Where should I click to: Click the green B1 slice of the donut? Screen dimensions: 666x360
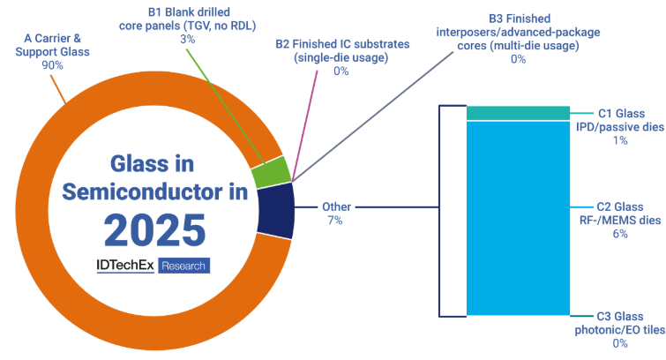pyautogui.click(x=271, y=173)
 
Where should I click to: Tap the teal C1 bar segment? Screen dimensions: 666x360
pyautogui.click(x=518, y=113)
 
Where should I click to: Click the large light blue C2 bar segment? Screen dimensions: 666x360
pyautogui.click(x=518, y=218)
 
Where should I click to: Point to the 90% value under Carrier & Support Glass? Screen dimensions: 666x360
pyautogui.click(x=52, y=65)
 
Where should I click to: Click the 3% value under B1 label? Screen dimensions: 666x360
pyautogui.click(x=187, y=39)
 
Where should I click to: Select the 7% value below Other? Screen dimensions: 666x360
pyautogui.click(x=334, y=221)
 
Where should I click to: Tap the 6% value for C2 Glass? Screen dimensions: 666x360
pyautogui.click(x=620, y=233)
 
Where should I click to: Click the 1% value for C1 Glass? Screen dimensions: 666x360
pyautogui.click(x=620, y=140)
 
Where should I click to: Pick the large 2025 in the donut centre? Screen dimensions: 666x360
pyautogui.click(x=155, y=230)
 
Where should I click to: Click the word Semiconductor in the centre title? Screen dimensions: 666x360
pyautogui.click(x=142, y=191)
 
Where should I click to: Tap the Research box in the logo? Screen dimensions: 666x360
pyautogui.click(x=183, y=266)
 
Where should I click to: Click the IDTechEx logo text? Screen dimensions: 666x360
pyautogui.click(x=125, y=266)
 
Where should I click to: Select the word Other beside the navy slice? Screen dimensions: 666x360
pyautogui.click(x=336, y=207)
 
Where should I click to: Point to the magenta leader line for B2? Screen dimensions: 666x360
pyautogui.click(x=304, y=126)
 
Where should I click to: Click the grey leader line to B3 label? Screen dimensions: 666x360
pyautogui.click(x=372, y=117)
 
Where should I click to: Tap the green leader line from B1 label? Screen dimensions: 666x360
pyautogui.click(x=226, y=107)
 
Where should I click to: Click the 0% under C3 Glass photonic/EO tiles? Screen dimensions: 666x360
pyautogui.click(x=620, y=343)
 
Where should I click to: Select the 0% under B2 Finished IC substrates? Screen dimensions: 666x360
pyautogui.click(x=340, y=71)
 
